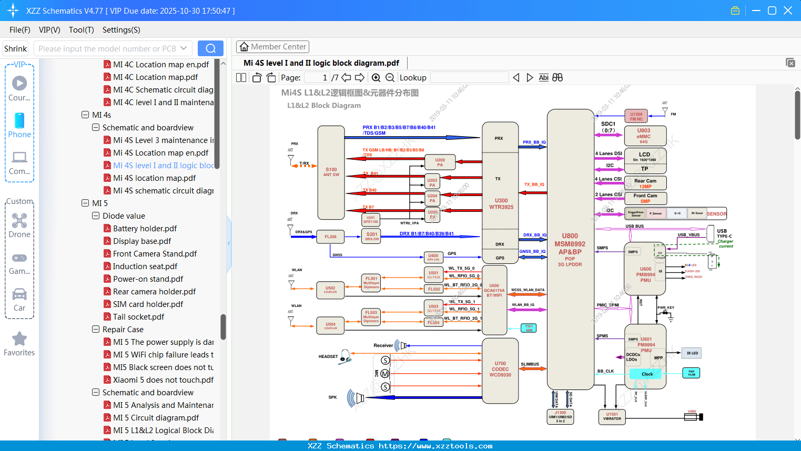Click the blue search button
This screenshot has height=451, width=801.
click(x=210, y=48)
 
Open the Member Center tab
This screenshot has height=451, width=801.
click(x=272, y=47)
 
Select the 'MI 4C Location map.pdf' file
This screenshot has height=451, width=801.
click(x=155, y=77)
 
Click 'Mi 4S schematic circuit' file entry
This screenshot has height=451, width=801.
click(x=163, y=190)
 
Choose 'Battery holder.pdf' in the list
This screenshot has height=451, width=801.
click(x=145, y=228)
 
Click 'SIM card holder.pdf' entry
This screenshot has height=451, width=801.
click(x=148, y=304)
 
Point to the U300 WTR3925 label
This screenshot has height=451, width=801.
click(x=501, y=203)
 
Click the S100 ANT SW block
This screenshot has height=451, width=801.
click(x=331, y=172)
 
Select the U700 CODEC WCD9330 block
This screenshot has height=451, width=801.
click(x=500, y=369)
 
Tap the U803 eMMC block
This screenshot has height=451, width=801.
click(x=644, y=136)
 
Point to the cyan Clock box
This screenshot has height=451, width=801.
click(x=647, y=374)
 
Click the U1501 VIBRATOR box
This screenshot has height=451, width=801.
click(x=612, y=416)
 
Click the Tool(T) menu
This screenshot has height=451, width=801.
click(x=81, y=30)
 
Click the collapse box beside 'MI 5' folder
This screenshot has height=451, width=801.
click(x=85, y=203)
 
